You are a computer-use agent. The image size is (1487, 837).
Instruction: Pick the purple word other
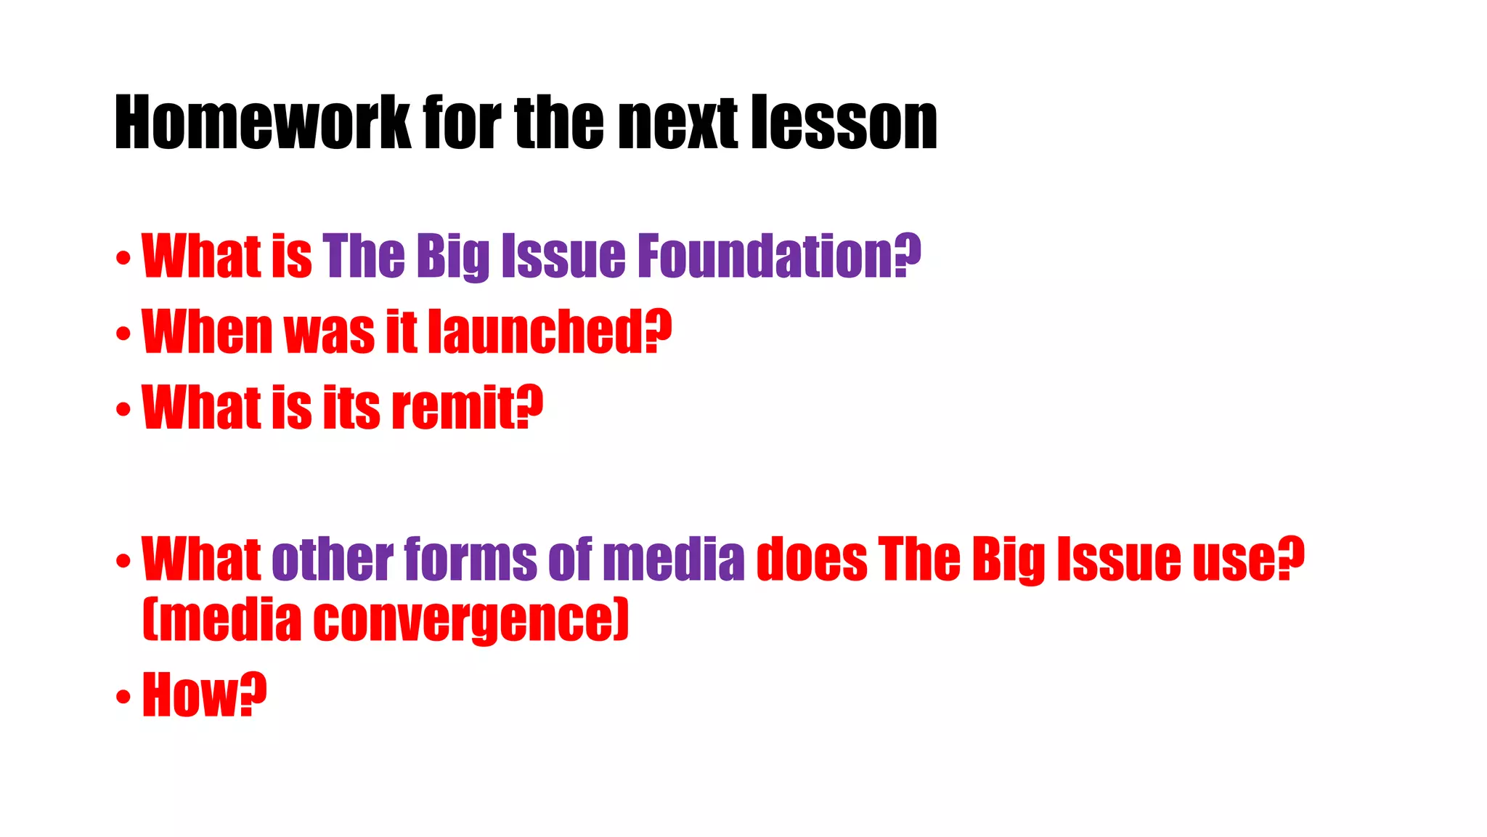point(333,559)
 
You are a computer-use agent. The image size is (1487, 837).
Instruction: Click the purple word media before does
point(673,559)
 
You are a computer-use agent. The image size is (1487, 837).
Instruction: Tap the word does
point(812,559)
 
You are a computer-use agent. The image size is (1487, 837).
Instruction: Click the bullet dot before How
point(123,696)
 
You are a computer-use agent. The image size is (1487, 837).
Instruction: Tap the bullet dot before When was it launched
point(123,333)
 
